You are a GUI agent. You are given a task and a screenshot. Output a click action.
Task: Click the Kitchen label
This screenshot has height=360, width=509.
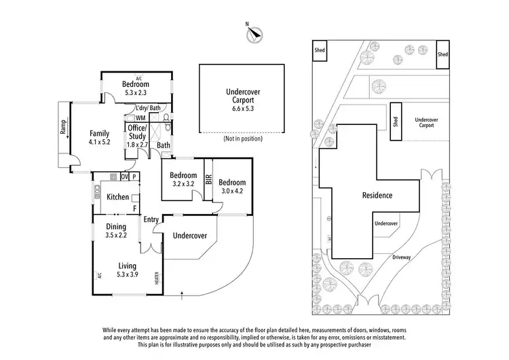(x=117, y=198)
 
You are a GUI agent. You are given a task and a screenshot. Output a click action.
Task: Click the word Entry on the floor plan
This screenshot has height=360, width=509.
(x=151, y=219)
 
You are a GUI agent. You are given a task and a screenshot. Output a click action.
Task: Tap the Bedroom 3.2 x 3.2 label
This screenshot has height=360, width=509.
(x=183, y=179)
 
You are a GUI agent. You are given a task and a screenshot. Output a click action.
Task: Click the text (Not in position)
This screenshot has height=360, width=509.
(x=241, y=139)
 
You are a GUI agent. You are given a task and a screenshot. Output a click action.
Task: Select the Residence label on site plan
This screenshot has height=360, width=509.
(x=377, y=196)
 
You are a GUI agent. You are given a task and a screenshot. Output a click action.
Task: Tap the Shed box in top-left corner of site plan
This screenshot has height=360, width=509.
(x=319, y=50)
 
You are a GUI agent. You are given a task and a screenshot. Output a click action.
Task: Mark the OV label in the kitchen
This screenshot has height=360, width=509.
(x=124, y=177)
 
